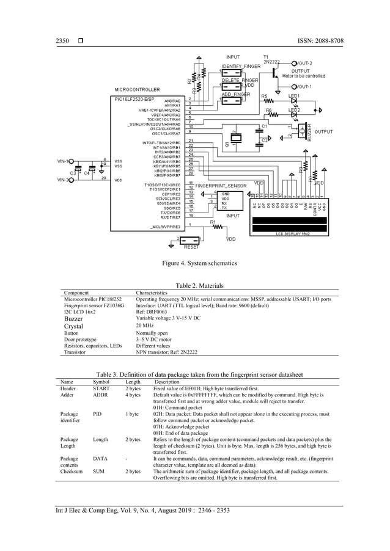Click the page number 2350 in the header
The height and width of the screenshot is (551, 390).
62,41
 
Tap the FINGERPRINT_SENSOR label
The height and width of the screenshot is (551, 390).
221,184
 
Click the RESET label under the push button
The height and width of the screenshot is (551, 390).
191,247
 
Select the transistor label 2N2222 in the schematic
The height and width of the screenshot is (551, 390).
271,62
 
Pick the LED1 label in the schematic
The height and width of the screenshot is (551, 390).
294,97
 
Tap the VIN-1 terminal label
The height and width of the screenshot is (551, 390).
62,161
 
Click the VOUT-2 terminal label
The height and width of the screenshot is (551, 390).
304,63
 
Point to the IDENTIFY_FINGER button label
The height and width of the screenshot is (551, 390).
241,66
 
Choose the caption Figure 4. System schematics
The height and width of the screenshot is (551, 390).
195,263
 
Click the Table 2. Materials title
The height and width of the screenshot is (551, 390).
199,286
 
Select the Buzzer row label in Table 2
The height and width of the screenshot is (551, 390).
74,318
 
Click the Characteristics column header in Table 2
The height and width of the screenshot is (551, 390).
155,293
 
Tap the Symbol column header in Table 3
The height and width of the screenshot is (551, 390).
101,382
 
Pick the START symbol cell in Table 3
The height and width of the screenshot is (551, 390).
101,388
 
